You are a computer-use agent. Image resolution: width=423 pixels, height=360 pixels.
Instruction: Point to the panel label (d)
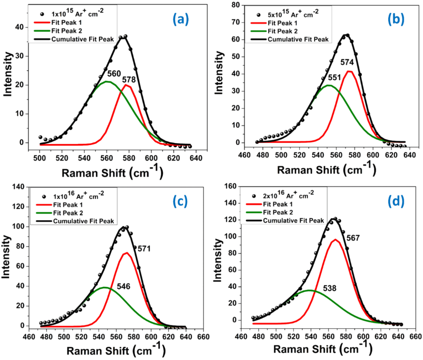395,201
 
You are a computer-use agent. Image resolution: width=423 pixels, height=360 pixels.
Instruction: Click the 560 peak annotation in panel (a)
114,74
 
